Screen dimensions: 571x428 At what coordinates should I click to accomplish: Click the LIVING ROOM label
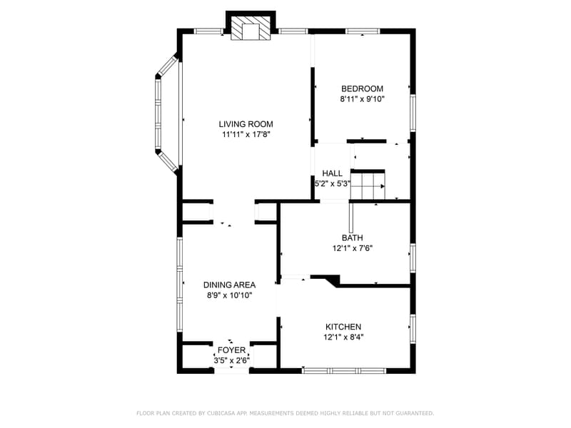[246, 124]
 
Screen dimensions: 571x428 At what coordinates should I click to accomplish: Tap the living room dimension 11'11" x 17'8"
[246, 135]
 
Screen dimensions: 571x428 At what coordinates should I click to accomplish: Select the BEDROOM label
[362, 88]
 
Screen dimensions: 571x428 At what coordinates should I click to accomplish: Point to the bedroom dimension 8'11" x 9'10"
[363, 99]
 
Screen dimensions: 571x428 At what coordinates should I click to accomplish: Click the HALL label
[332, 173]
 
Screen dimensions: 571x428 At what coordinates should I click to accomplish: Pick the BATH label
[352, 238]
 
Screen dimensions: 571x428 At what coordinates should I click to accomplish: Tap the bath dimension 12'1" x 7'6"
[352, 248]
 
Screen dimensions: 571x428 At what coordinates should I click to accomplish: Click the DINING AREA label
[229, 285]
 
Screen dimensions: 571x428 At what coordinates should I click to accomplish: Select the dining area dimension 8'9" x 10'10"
[229, 295]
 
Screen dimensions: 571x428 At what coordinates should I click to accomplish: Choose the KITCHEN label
[343, 327]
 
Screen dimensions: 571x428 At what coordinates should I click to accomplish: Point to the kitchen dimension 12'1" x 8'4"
[343, 337]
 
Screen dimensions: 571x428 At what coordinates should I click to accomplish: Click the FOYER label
[231, 350]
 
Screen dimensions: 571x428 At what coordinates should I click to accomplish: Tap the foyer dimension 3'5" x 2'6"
[231, 361]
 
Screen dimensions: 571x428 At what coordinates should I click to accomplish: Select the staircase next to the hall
[368, 185]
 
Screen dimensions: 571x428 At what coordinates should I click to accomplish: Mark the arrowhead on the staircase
[383, 186]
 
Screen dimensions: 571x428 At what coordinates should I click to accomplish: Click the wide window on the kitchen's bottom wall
[344, 371]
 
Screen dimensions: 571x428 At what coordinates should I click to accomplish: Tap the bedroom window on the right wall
[413, 113]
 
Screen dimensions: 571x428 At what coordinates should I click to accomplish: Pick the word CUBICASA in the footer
[222, 413]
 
